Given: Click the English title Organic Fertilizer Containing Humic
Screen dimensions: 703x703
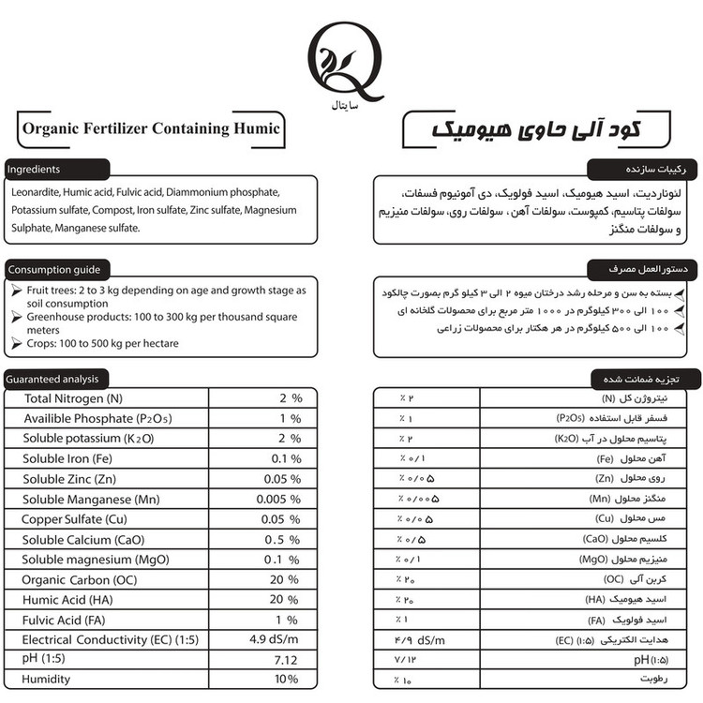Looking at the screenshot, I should [x=150, y=128].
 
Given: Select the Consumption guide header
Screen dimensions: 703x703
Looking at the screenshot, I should [x=53, y=270].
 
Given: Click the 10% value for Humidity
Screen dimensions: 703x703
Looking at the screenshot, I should [x=286, y=680].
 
